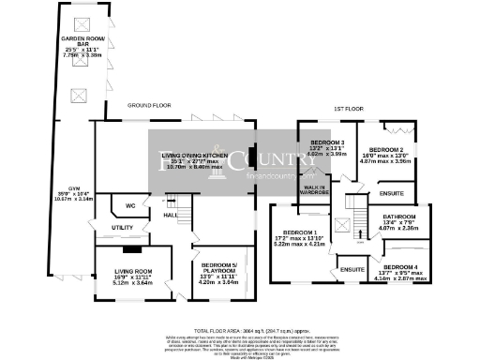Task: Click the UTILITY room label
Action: [x=122, y=228]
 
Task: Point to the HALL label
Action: [x=172, y=216]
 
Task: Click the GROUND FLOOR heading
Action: [x=149, y=107]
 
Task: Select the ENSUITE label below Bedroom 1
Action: [x=352, y=269]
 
